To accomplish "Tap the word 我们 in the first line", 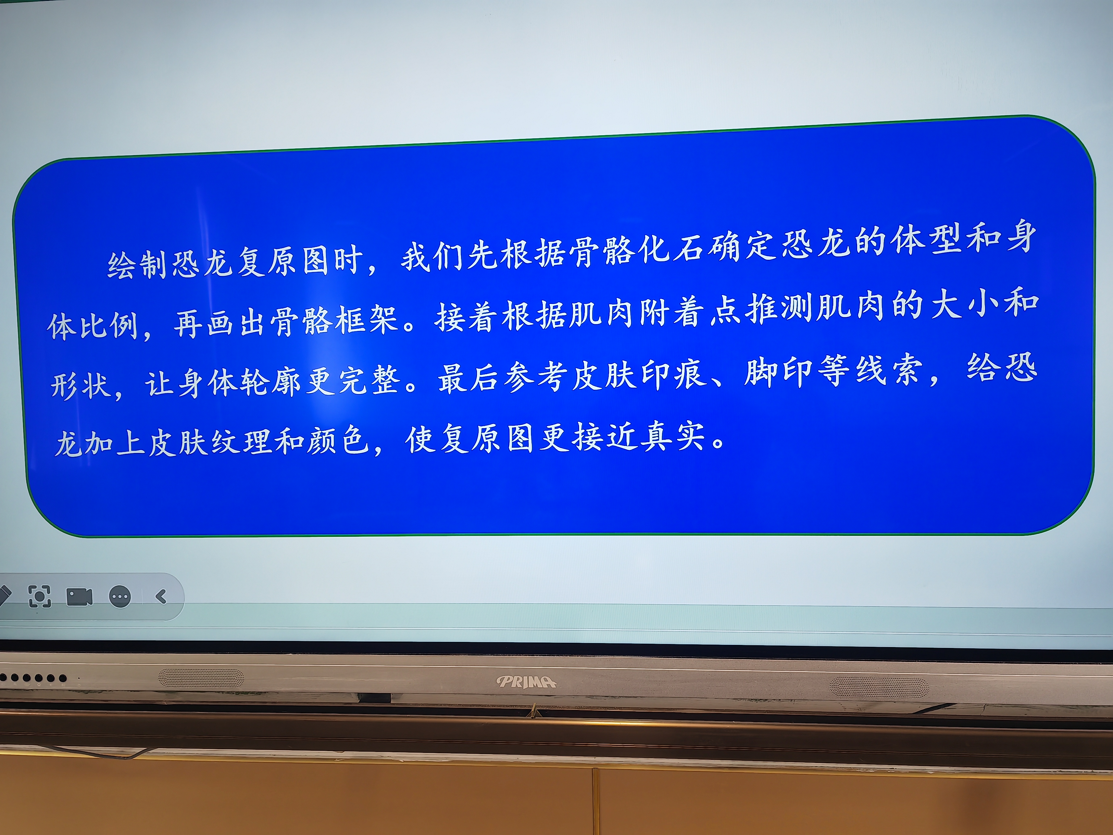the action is [x=432, y=257].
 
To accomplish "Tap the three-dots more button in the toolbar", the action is [x=120, y=597].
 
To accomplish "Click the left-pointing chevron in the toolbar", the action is [x=161, y=597].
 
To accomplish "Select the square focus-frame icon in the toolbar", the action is [x=40, y=597].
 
